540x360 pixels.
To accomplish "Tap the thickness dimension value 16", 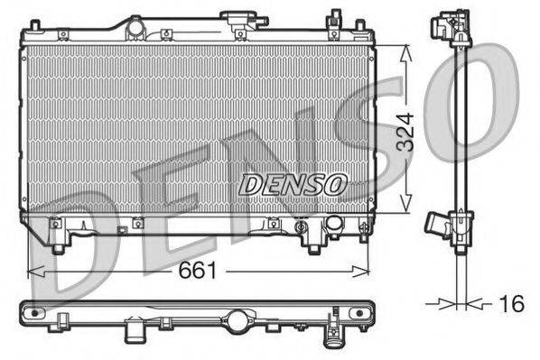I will point(511,304).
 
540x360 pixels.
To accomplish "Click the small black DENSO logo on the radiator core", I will point(293,184).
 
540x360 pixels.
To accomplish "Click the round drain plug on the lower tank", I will point(333,223).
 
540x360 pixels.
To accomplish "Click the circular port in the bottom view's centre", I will point(237,318).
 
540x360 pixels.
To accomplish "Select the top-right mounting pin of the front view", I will point(335,16).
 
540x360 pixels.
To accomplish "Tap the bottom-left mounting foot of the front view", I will point(61,245).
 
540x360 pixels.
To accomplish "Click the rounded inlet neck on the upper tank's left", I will point(135,29).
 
